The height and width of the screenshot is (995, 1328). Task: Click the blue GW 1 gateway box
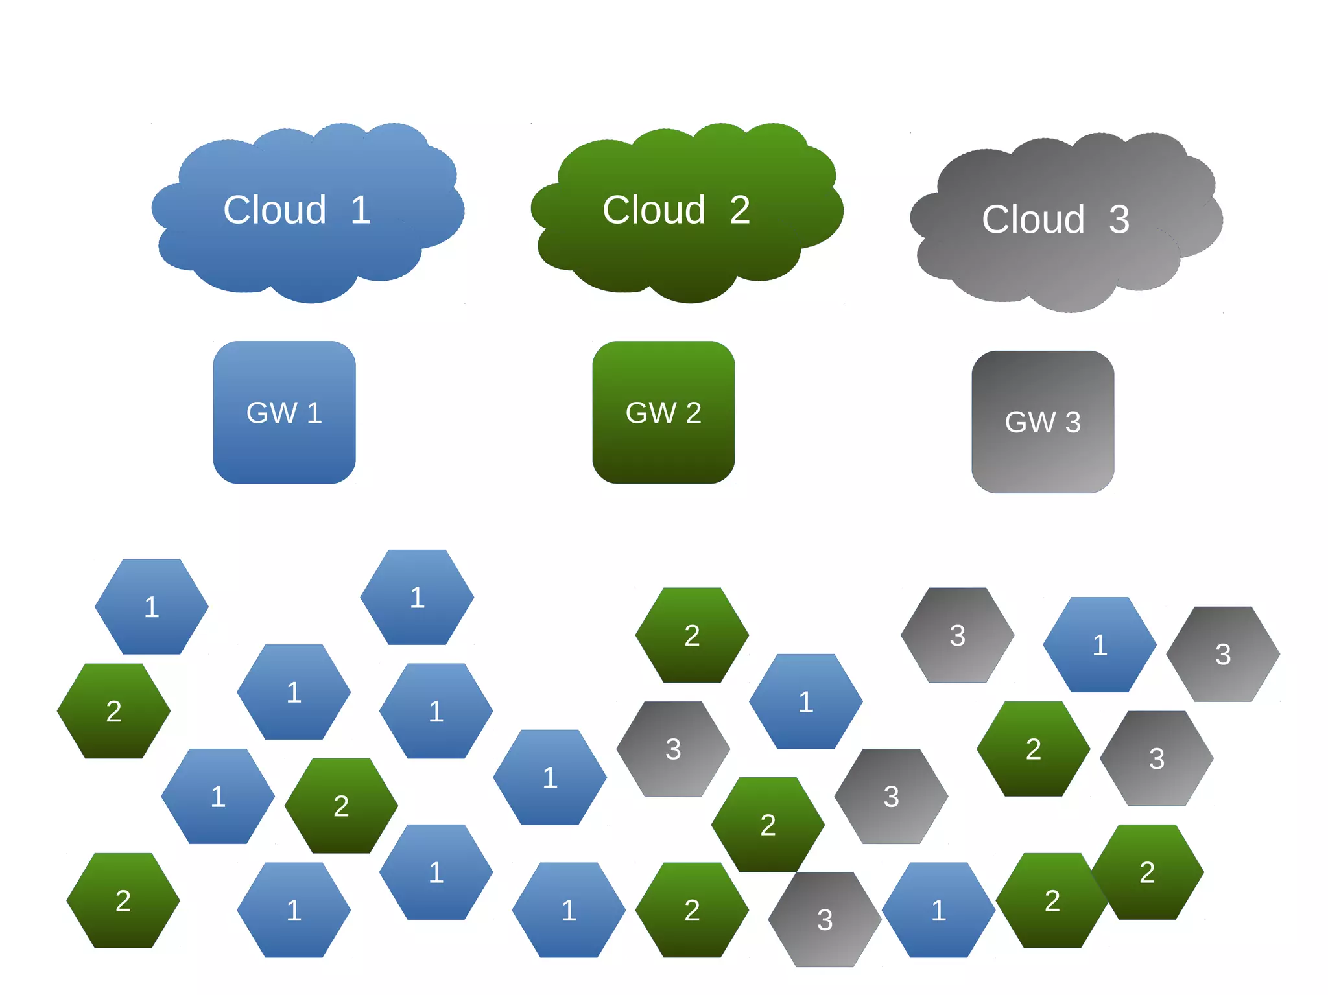(284, 447)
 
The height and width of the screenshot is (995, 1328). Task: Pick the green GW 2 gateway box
(663, 447)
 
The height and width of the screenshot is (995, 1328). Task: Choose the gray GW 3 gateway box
(1043, 457)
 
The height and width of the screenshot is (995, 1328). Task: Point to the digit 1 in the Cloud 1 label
(361, 210)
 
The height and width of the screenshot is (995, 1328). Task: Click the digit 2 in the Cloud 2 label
(740, 210)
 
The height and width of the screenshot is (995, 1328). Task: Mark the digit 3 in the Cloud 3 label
(1119, 220)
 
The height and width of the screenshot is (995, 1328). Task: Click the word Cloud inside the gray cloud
(1032, 220)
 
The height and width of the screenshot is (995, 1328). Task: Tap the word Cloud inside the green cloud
(654, 210)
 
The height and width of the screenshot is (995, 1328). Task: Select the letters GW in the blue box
(272, 413)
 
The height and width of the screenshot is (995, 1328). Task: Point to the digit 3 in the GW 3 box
(1073, 423)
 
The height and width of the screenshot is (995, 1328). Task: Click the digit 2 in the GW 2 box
(694, 413)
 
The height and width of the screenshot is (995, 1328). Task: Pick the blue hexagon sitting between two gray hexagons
(1100, 645)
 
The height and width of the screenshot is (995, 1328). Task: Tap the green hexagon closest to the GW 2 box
(692, 635)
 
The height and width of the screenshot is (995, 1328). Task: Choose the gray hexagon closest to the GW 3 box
(957, 635)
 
